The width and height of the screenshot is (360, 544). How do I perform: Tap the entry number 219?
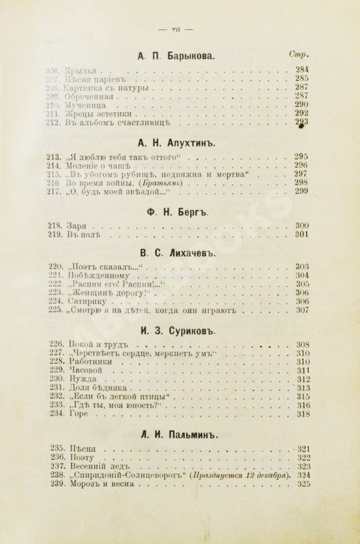(x=57, y=235)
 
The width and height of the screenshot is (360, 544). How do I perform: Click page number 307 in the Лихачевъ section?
(x=302, y=310)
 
